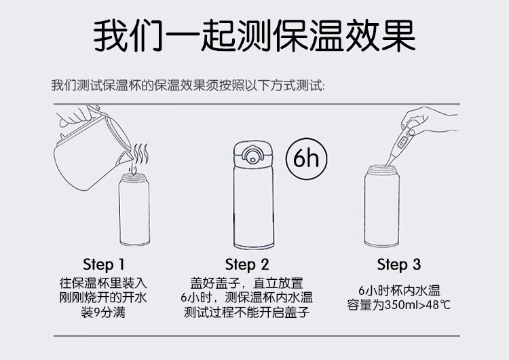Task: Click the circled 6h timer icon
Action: (306, 159)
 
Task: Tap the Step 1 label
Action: (104, 264)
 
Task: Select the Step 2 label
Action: (247, 264)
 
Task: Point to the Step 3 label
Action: (398, 264)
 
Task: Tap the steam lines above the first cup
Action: (141, 154)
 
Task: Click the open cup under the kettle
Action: (134, 210)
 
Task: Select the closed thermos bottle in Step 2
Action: (254, 195)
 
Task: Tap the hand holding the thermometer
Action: (428, 120)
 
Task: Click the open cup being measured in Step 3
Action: (381, 206)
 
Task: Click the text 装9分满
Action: (103, 312)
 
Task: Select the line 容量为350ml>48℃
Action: (398, 305)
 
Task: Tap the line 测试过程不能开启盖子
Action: (247, 312)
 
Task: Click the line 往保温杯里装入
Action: (103, 283)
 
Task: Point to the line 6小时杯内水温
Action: (399, 290)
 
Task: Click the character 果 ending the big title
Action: (398, 35)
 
